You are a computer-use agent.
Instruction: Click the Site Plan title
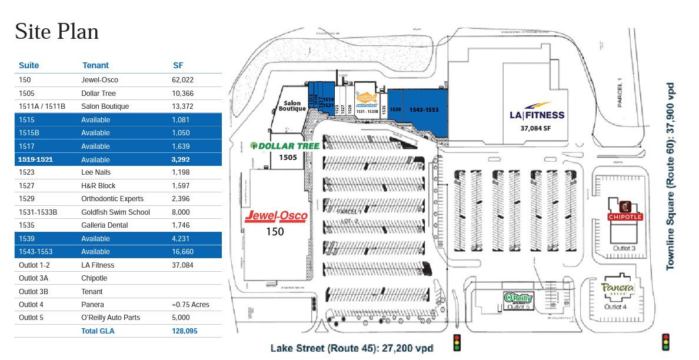click(56, 31)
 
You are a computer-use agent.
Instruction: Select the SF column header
click(178, 65)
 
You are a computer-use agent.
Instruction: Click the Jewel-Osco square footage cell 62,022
click(182, 80)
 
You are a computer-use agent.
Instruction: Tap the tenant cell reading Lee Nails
click(96, 172)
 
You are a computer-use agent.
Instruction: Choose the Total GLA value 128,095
click(185, 331)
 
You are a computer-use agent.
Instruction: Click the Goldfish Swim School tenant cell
click(115, 212)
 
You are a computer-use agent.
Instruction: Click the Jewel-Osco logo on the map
click(276, 216)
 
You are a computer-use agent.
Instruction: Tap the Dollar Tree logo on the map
click(285, 146)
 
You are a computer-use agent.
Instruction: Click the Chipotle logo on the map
click(625, 212)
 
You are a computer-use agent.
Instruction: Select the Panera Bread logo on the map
click(617, 288)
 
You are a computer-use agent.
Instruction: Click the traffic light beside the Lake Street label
click(457, 342)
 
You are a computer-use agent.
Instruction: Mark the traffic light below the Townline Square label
click(666, 342)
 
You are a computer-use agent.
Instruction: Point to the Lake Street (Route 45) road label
click(352, 348)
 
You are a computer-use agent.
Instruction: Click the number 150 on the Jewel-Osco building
click(275, 231)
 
